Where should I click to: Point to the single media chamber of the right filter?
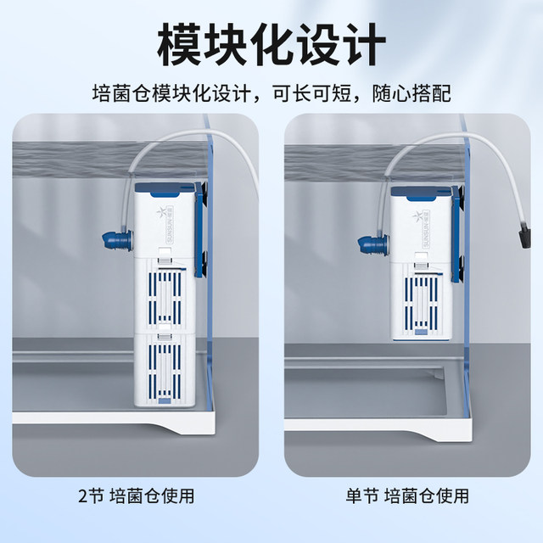[421, 297]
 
